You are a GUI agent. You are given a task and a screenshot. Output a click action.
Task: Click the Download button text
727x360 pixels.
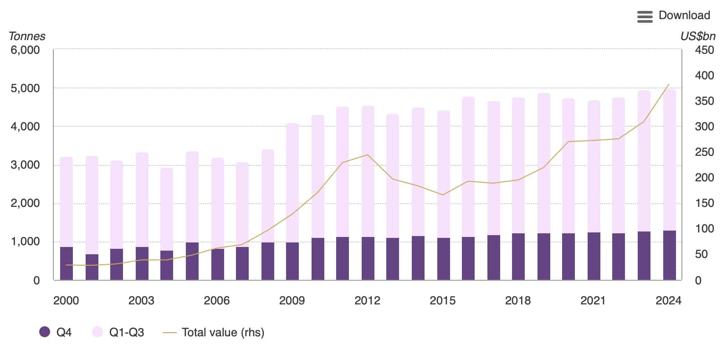pos(684,15)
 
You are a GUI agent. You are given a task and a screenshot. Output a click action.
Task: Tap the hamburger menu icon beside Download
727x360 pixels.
pos(645,17)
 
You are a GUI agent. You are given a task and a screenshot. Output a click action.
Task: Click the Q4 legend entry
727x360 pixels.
pos(56,332)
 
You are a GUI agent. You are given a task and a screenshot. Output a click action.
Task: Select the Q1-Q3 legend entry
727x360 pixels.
pos(118,332)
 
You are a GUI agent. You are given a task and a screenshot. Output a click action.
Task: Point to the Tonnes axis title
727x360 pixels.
pos(27,36)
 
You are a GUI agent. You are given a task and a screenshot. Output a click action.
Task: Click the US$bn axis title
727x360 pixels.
pos(697,36)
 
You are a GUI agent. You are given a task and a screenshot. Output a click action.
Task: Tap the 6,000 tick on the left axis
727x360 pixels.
pos(25,50)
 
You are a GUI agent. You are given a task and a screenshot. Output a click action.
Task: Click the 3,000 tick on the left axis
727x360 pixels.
pos(25,165)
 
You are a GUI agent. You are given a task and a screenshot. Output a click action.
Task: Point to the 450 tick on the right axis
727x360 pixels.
pos(704,50)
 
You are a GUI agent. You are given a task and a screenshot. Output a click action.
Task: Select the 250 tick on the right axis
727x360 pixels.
pos(704,152)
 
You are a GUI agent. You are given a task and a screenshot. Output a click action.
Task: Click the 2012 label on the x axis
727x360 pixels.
pos(367,300)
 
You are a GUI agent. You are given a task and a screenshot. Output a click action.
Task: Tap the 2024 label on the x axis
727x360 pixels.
pos(668,300)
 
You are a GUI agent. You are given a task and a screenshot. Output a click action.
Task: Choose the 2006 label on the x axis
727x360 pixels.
pos(216,300)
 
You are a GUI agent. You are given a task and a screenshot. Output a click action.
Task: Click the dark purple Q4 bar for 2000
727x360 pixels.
pos(67,263)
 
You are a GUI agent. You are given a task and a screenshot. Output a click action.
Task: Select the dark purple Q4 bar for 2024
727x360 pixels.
pos(669,255)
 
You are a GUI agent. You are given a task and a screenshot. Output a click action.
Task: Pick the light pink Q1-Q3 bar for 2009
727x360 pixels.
pos(292,182)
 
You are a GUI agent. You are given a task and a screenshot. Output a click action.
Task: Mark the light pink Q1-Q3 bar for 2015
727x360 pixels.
pos(443,173)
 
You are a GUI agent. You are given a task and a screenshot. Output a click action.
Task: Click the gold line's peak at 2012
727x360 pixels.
pos(368,155)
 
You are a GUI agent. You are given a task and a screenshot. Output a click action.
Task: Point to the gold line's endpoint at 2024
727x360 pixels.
pos(669,84)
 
